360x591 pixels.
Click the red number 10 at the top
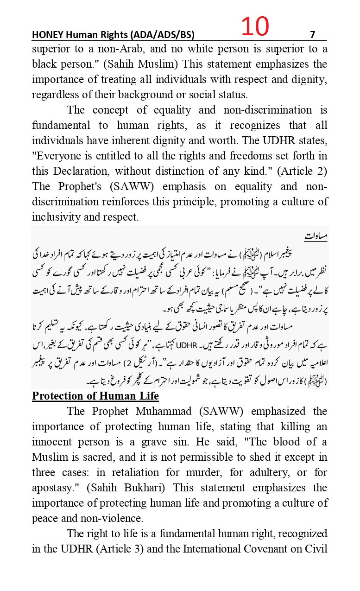(254, 27)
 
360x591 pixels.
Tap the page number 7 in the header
(312, 35)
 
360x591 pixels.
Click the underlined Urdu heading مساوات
(316, 236)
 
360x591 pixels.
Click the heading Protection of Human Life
(95, 396)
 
